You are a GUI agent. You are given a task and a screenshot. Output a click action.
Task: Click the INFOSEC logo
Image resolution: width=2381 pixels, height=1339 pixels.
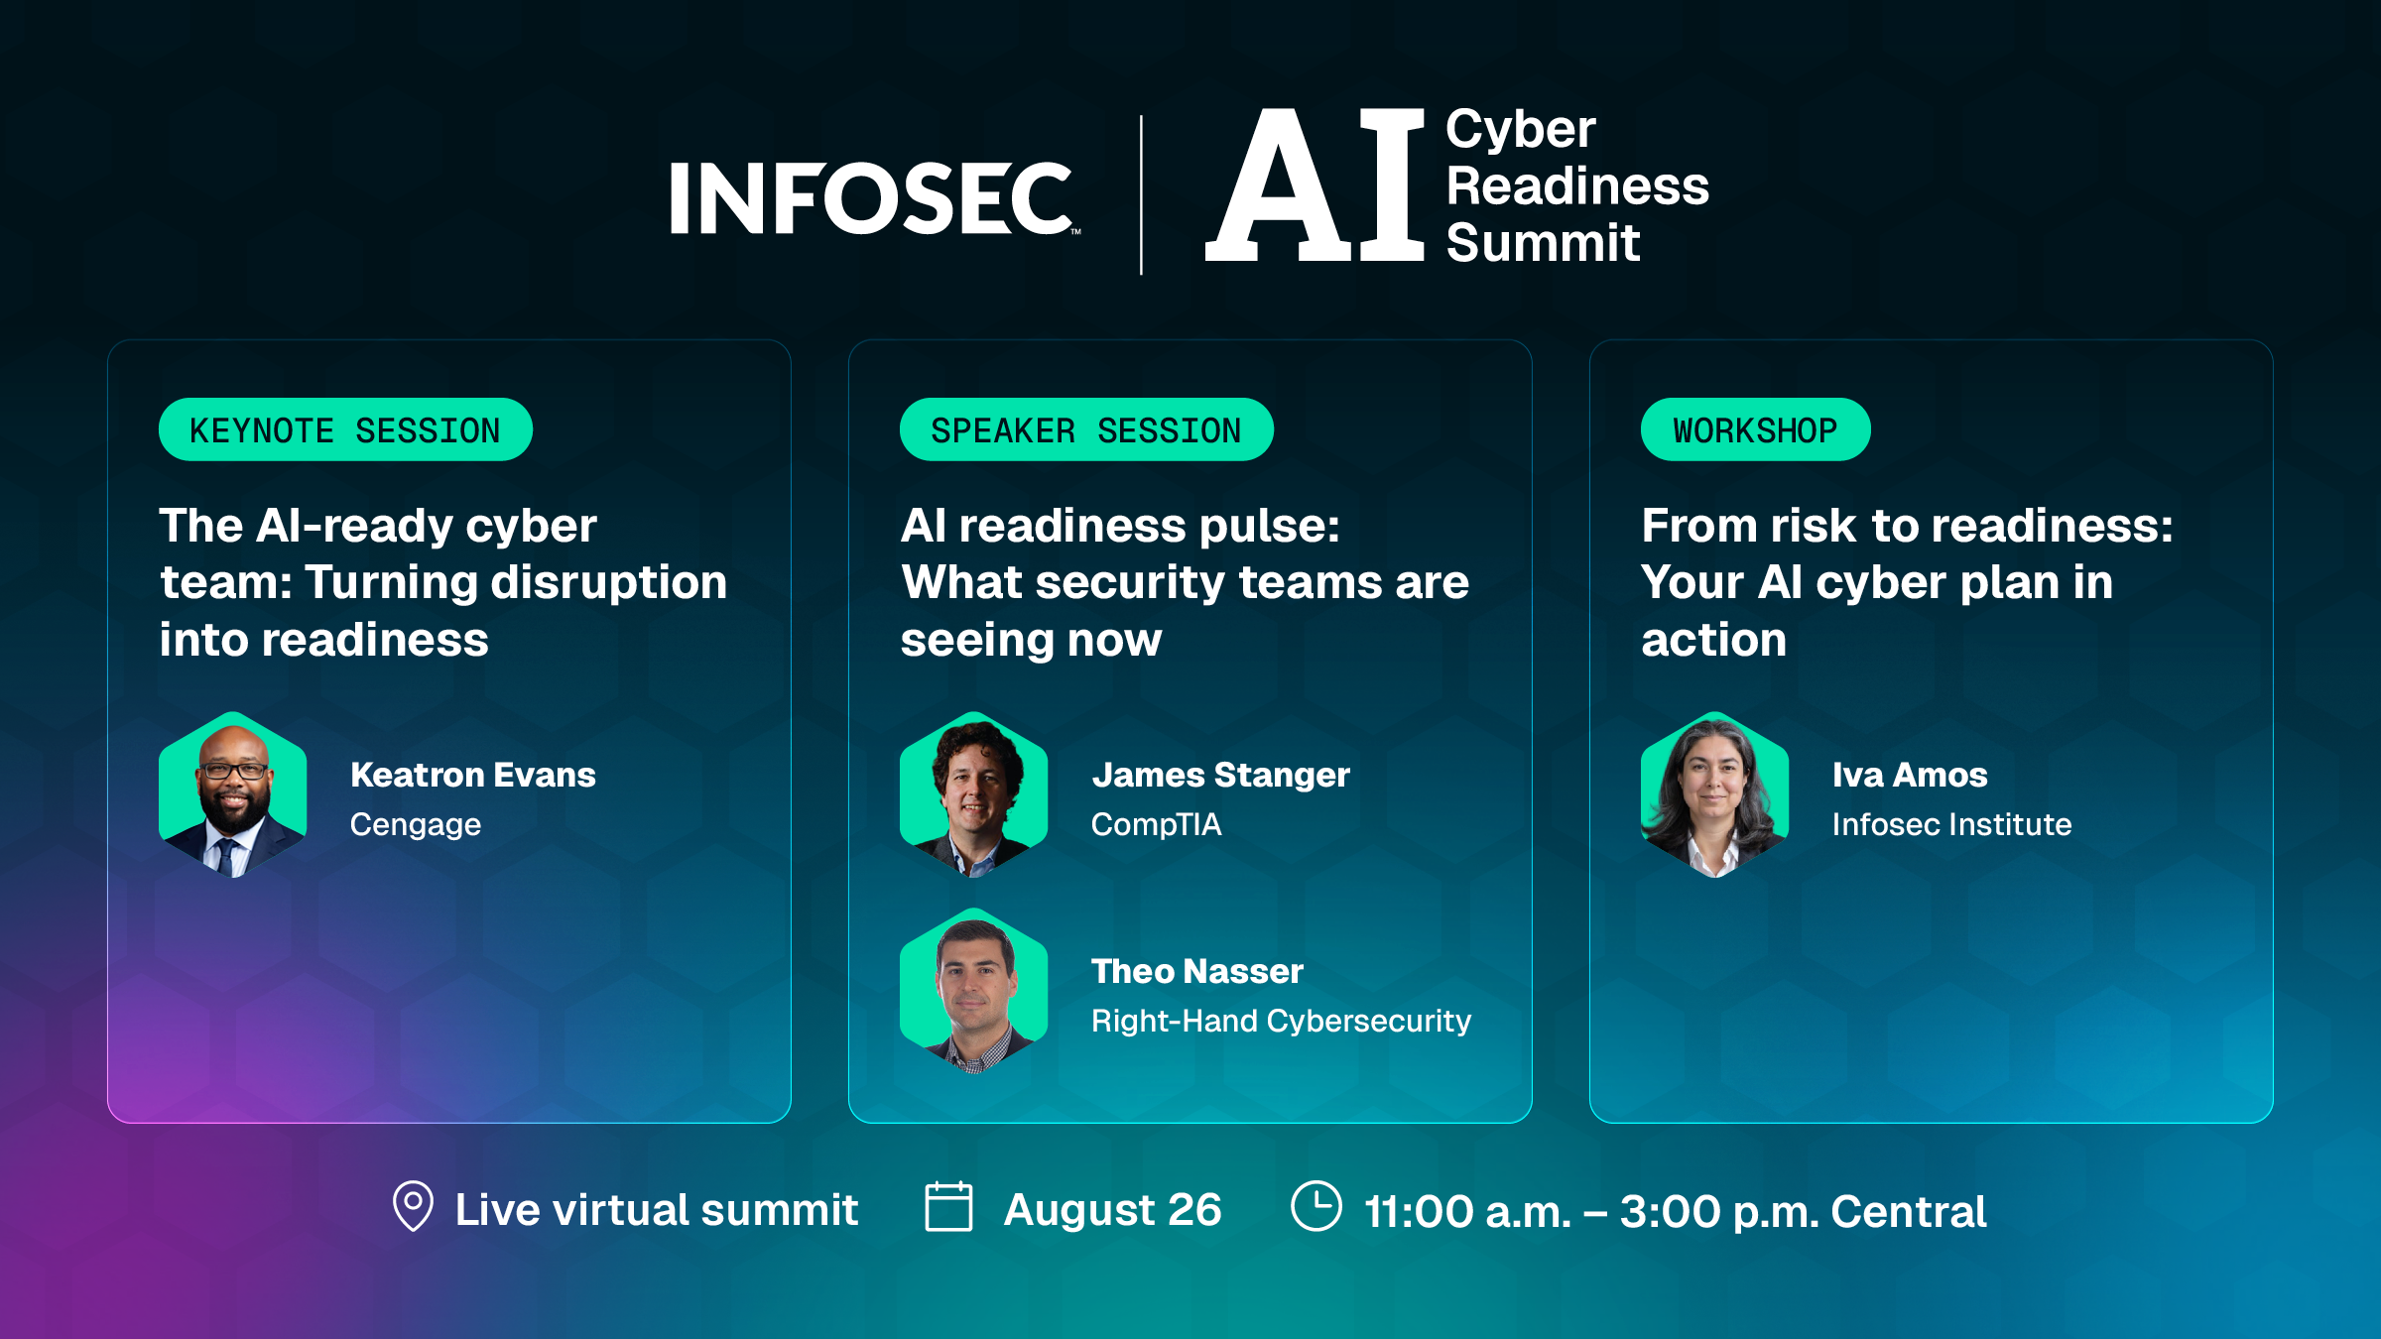click(874, 198)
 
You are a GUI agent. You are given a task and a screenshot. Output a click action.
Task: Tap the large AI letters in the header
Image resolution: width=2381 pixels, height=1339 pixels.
click(1316, 184)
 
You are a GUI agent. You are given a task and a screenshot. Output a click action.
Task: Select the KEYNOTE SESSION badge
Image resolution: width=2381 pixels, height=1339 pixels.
click(345, 429)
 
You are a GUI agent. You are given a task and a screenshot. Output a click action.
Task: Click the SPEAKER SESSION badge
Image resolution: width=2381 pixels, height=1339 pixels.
click(1086, 429)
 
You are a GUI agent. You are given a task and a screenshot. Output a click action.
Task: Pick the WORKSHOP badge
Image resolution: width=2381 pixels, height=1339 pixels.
click(1755, 429)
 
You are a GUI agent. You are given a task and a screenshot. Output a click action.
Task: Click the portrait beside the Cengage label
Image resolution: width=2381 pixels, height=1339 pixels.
click(233, 794)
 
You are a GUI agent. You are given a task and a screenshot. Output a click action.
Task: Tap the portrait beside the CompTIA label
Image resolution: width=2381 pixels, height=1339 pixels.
click(973, 794)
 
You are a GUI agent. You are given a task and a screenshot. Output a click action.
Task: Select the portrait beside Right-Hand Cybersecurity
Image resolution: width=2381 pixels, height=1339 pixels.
click(973, 991)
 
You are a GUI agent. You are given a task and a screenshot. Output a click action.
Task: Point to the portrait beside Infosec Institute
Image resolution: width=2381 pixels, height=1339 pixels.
click(1714, 794)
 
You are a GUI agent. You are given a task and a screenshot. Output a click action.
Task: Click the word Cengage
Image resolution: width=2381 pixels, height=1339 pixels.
click(416, 825)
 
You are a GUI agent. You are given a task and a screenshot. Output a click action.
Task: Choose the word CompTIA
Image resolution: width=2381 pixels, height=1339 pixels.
click(1157, 824)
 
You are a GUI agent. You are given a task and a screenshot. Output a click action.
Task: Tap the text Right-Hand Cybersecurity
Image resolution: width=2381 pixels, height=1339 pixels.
click(1281, 1022)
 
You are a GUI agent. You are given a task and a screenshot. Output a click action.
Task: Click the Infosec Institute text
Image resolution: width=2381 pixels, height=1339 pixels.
click(1951, 824)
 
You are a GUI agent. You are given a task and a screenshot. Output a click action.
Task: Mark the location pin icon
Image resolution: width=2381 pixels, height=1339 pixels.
click(413, 1206)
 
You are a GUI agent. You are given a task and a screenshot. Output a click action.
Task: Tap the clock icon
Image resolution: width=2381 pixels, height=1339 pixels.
click(1316, 1206)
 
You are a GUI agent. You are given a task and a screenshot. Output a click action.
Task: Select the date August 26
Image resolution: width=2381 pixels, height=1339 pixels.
click(1112, 1210)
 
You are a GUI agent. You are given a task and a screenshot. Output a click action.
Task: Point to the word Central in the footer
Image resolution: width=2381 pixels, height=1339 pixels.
click(1908, 1211)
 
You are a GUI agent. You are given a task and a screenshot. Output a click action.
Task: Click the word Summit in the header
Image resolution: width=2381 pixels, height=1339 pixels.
click(1544, 243)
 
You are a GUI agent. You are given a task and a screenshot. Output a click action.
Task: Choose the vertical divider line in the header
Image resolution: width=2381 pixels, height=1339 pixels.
click(1141, 194)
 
